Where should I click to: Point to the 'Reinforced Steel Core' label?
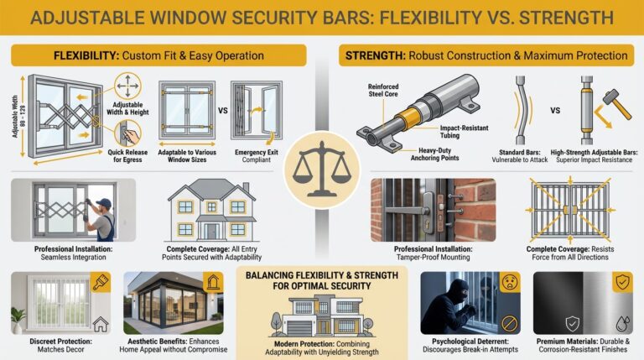[x=383, y=89]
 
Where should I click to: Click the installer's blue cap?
[x=103, y=203]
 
